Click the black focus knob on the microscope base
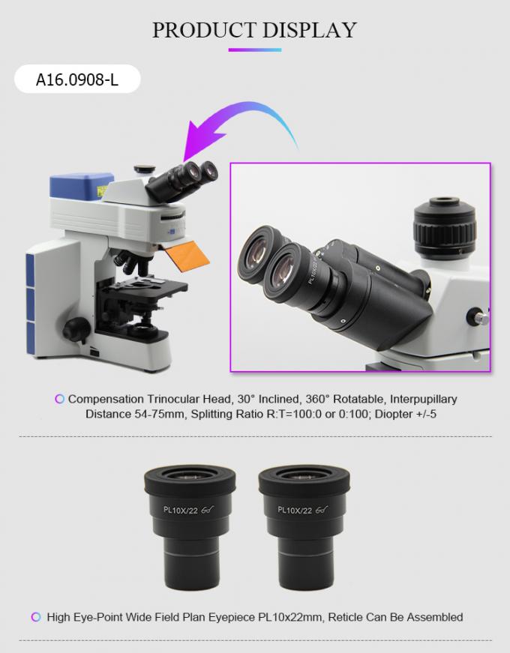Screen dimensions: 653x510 pyautogui.click(x=76, y=328)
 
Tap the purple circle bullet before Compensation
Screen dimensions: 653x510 pyautogui.click(x=59, y=399)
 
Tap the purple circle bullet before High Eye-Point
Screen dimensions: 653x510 pyautogui.click(x=36, y=617)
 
